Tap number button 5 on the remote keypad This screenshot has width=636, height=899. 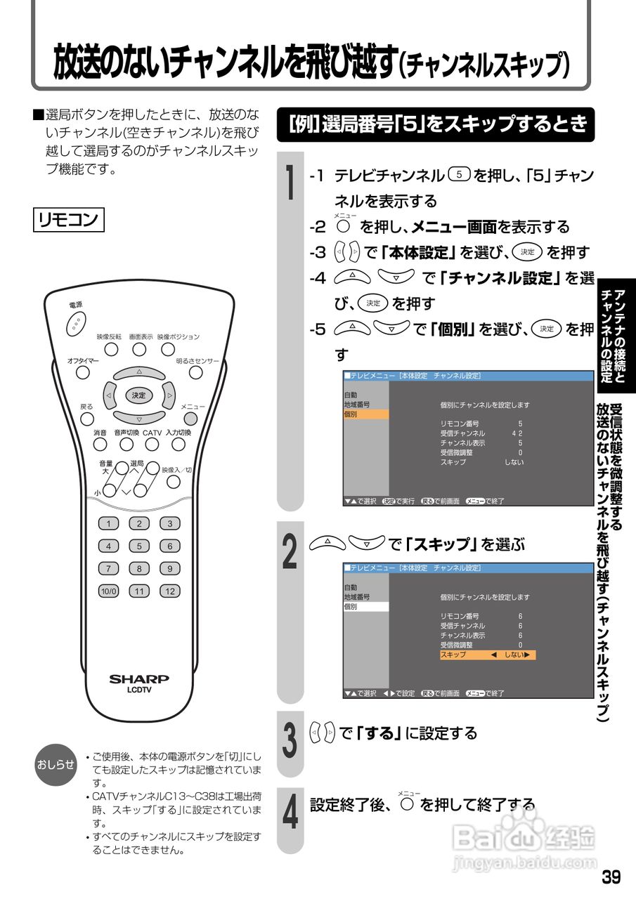(139, 546)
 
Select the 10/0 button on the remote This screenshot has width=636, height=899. (109, 591)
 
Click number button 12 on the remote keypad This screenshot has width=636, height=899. (169, 591)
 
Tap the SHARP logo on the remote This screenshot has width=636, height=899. (139, 679)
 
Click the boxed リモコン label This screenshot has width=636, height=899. (69, 219)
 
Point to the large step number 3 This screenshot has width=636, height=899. (289, 741)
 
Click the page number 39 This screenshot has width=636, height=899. (611, 877)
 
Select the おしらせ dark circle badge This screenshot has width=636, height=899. (56, 765)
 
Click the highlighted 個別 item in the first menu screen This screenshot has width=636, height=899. (365, 414)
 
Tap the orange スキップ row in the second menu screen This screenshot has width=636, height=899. (487, 655)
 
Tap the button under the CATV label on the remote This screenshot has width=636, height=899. (152, 444)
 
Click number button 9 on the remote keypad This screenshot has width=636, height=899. (169, 568)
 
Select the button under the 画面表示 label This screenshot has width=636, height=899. (140, 349)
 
